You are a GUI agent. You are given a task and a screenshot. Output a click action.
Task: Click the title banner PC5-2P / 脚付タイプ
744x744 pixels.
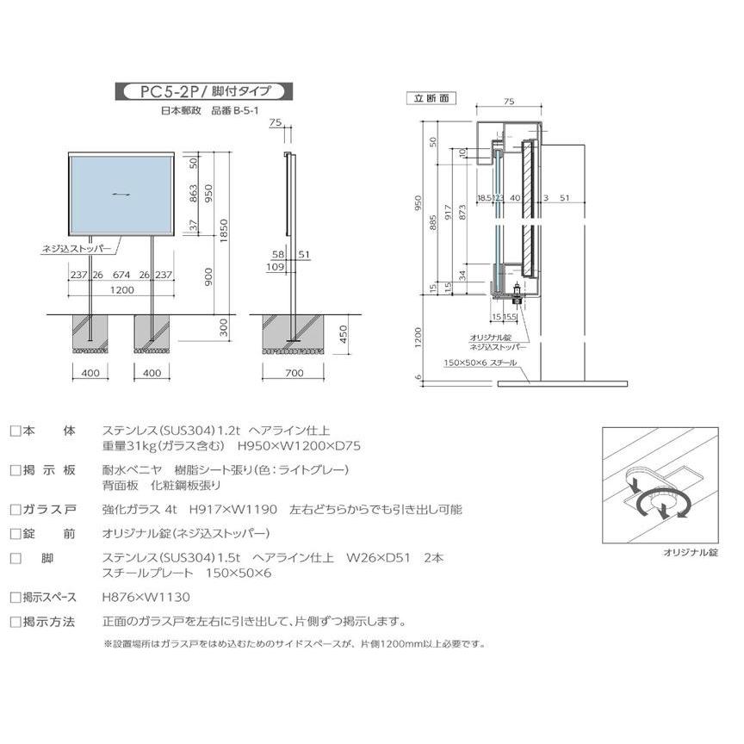tap(204, 91)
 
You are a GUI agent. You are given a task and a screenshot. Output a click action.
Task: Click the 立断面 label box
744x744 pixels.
tap(431, 98)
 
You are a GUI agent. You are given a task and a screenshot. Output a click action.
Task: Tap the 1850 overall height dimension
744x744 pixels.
tap(224, 231)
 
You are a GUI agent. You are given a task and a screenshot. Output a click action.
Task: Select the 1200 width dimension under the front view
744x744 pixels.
tap(122, 290)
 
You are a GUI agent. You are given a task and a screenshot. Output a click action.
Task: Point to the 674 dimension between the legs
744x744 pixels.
tap(121, 275)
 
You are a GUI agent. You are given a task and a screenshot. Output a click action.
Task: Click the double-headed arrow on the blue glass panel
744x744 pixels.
tap(121, 194)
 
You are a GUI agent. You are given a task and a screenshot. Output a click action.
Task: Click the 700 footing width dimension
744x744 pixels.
tap(294, 373)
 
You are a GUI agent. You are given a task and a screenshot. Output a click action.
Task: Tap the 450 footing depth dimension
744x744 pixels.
tap(344, 335)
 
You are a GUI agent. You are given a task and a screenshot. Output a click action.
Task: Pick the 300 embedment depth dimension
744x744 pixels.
tap(224, 327)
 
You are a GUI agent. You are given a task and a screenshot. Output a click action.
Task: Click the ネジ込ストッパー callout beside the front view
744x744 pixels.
tap(77, 249)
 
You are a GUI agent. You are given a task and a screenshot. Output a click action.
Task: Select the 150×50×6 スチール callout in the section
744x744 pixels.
tap(480, 363)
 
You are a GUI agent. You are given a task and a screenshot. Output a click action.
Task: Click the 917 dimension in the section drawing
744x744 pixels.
tap(448, 211)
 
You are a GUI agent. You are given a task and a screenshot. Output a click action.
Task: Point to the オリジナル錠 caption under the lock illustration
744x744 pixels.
tap(691, 552)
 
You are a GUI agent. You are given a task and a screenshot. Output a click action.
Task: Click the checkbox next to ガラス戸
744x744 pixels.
tap(15, 510)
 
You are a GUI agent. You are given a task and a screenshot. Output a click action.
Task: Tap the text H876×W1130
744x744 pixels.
tap(146, 597)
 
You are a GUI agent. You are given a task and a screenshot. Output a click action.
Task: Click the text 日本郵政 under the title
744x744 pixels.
tap(181, 111)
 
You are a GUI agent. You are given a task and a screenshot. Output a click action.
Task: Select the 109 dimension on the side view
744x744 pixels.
tap(276, 267)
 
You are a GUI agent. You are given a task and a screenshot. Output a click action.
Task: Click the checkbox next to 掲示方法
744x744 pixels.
tap(15, 622)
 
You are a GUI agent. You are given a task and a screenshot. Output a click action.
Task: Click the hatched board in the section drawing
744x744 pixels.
tap(527, 208)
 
